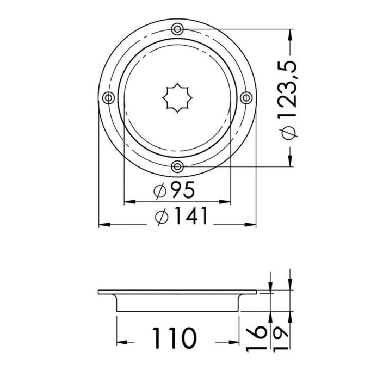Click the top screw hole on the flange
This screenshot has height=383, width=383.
(177, 29)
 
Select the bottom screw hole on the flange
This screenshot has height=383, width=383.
(177, 166)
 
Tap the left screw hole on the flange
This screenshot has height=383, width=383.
(108, 98)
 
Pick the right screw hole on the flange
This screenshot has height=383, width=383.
(246, 98)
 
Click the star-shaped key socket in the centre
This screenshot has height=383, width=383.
(177, 98)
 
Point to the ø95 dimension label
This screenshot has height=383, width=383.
(174, 190)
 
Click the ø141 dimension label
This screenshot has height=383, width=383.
(181, 215)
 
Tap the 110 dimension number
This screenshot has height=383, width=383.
(174, 338)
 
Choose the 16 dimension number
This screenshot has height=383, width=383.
(255, 338)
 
